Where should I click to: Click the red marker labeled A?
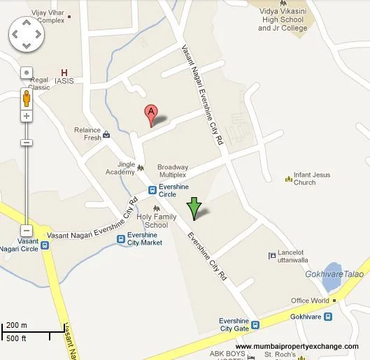pos(150,114)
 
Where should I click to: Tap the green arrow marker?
pos(194,208)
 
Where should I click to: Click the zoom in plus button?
pos(27,115)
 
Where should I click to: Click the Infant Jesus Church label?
pos(314,179)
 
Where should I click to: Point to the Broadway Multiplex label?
pos(173,171)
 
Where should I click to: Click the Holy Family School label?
pos(152,221)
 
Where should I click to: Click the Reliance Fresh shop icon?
pos(106,135)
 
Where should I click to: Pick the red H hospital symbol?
pos(65,73)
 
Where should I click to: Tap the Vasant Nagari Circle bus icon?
pos(45,245)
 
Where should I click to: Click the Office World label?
pos(310,301)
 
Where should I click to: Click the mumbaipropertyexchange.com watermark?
pos(297,347)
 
